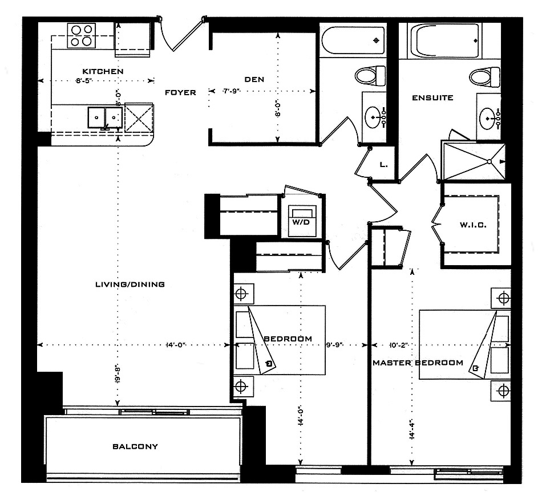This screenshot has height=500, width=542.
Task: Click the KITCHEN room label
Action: (x=103, y=71)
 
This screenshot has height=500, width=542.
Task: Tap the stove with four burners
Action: (x=81, y=35)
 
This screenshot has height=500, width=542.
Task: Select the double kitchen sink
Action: (x=106, y=117)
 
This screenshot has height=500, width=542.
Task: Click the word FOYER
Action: (x=180, y=92)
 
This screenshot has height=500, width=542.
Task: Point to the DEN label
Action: (x=254, y=79)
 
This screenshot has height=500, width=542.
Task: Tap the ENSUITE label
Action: (x=432, y=97)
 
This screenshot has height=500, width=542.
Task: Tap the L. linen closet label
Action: (x=384, y=165)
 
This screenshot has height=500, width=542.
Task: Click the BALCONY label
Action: (x=135, y=446)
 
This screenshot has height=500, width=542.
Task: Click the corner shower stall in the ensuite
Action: (x=474, y=161)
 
